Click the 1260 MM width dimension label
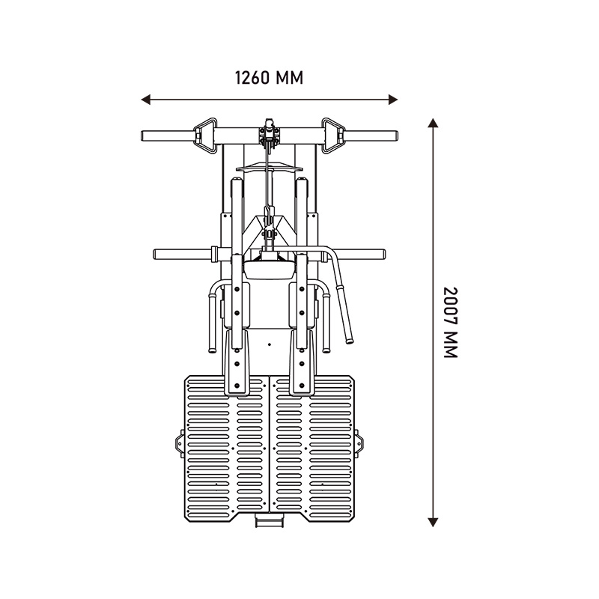269,78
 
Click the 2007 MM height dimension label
450,322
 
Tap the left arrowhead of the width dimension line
146,100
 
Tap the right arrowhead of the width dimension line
393,100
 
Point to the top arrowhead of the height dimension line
433,123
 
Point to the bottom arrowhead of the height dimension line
433,522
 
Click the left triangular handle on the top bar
205,136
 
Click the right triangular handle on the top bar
333,136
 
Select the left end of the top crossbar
142,136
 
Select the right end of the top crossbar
397,136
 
